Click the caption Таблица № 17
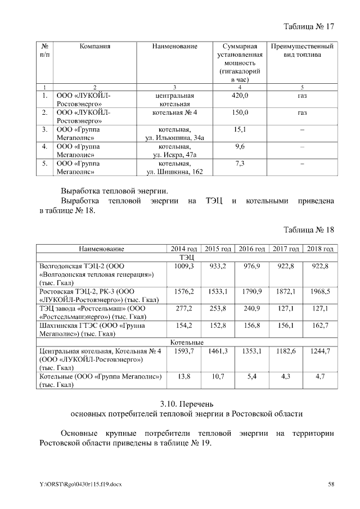(x=309, y=26)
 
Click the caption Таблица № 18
(x=309, y=230)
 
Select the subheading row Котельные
(x=187, y=342)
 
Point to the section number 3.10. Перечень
(x=186, y=403)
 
